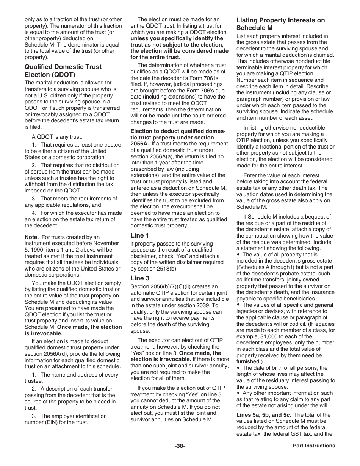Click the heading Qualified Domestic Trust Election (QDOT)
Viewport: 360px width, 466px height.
pos(63,70)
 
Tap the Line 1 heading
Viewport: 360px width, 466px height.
pos(140,235)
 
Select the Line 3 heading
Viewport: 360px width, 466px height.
pos(140,278)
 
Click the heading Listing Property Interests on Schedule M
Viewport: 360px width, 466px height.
pos(280,24)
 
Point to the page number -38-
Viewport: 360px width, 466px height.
pos(180,446)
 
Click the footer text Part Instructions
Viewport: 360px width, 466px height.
pos(314,446)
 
